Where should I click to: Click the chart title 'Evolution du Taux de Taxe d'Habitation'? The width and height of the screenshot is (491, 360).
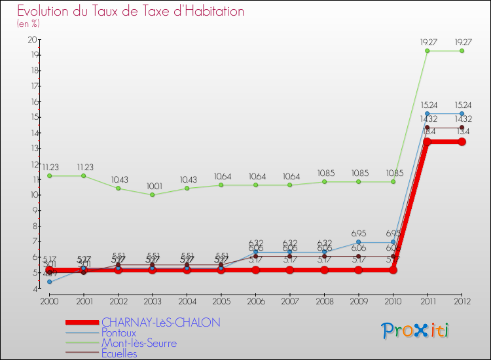click(131, 12)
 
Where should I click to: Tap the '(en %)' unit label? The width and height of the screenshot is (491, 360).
click(28, 24)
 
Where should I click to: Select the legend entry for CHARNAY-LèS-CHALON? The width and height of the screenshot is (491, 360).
click(160, 322)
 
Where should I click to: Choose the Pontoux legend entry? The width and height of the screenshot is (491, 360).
click(118, 333)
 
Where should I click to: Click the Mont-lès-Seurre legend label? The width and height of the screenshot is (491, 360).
click(139, 343)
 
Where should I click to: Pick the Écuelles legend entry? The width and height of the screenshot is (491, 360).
click(119, 353)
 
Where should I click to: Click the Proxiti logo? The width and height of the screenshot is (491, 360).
click(416, 331)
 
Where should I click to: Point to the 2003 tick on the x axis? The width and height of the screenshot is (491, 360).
click(152, 300)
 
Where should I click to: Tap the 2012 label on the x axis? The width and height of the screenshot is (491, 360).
click(462, 300)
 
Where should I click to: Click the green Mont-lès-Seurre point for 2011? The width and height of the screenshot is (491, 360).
click(427, 50)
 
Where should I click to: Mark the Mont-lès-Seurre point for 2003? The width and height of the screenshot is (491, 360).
click(152, 194)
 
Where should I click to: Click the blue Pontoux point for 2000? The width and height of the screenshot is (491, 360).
click(49, 282)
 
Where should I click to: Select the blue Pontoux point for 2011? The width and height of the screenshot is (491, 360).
click(427, 113)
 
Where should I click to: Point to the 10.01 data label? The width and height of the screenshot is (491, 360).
click(152, 185)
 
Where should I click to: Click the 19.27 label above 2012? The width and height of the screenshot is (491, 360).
click(462, 42)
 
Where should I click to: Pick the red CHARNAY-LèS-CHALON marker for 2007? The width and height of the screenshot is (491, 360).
click(289, 270)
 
